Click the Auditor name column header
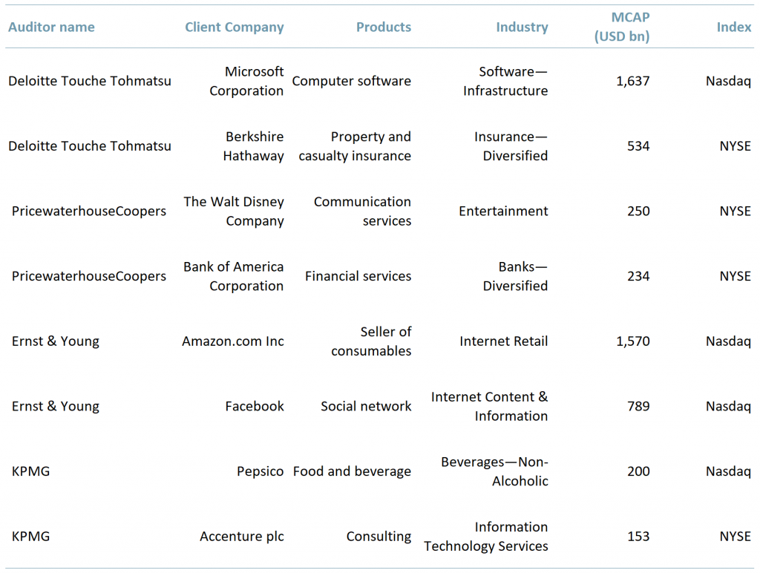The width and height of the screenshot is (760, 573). click(51, 27)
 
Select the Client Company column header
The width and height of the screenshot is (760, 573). click(235, 27)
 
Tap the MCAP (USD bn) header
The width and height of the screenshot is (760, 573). click(622, 27)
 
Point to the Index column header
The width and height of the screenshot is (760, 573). click(733, 27)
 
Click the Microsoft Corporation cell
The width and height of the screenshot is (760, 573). click(246, 82)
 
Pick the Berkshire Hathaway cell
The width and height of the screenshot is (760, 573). click(254, 146)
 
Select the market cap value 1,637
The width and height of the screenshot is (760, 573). click(632, 82)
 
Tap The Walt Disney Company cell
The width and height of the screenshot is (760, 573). click(234, 212)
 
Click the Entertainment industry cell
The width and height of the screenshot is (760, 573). click(503, 212)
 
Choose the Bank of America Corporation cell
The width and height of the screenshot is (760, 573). click(234, 276)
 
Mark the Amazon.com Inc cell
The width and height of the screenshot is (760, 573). click(233, 341)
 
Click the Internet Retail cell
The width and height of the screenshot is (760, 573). click(503, 341)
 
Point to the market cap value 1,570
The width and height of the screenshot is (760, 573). click(632, 341)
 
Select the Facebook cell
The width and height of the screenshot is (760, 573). click(255, 407)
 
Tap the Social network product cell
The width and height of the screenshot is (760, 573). click(366, 407)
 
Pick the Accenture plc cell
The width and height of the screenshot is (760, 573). click(242, 537)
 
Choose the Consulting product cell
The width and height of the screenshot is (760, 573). click(379, 537)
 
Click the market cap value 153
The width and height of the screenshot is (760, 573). click(638, 537)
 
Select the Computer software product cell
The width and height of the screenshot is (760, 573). click(351, 82)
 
